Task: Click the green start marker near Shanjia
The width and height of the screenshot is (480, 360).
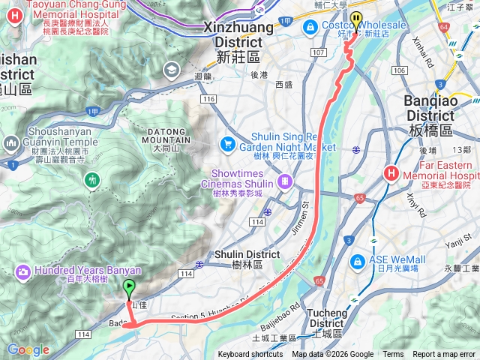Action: click(x=129, y=286)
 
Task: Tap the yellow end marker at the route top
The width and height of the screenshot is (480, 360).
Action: click(x=355, y=19)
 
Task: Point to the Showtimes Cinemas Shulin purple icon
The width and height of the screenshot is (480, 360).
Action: click(x=285, y=181)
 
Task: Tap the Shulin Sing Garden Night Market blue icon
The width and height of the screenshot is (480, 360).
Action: click(x=227, y=142)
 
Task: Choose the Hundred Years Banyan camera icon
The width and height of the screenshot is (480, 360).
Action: click(x=22, y=271)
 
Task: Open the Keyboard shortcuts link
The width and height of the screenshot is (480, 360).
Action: click(x=250, y=355)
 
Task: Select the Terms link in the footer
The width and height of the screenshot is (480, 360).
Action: click(x=393, y=355)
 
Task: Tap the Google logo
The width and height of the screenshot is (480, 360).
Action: click(x=28, y=349)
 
